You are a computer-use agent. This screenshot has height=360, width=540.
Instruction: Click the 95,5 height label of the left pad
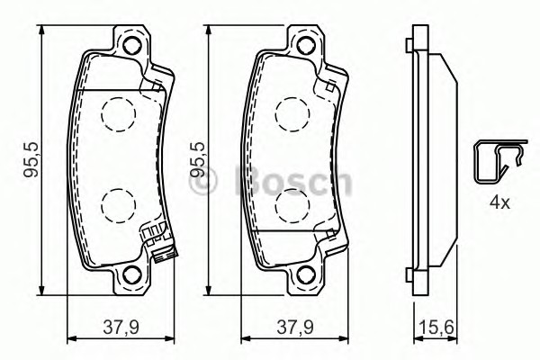[31, 159]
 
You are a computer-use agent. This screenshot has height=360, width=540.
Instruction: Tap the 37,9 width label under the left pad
[121, 328]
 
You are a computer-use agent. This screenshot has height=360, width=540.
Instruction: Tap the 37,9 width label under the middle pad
[295, 328]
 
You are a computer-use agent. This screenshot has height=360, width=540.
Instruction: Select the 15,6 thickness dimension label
[436, 328]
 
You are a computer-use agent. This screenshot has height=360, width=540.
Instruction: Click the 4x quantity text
[499, 202]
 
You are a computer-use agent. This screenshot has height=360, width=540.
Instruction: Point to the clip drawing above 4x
[500, 160]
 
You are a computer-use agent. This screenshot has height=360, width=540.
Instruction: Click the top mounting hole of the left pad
[132, 45]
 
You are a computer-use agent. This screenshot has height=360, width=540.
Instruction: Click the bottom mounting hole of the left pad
[132, 274]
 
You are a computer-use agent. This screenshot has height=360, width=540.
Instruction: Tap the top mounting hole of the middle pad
[306, 45]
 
